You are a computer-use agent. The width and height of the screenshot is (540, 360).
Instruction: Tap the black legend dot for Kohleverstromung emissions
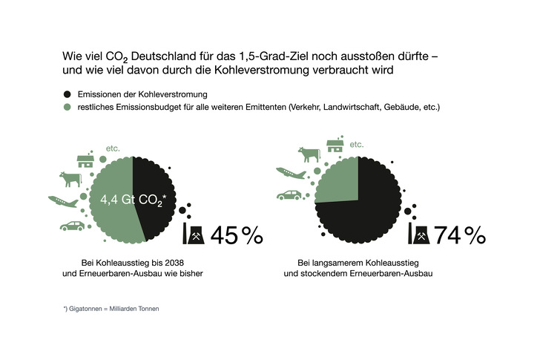(x=68, y=94)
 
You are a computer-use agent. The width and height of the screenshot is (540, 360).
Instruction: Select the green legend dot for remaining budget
(x=68, y=108)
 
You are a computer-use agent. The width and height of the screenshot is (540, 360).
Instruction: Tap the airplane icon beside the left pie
(x=62, y=201)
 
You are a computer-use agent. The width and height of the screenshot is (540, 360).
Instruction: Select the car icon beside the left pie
(x=73, y=226)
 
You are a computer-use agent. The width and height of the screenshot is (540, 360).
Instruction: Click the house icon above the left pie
(x=85, y=160)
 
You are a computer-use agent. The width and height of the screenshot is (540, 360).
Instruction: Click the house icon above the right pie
(x=335, y=145)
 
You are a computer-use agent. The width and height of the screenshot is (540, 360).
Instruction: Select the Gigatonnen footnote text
(x=111, y=308)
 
